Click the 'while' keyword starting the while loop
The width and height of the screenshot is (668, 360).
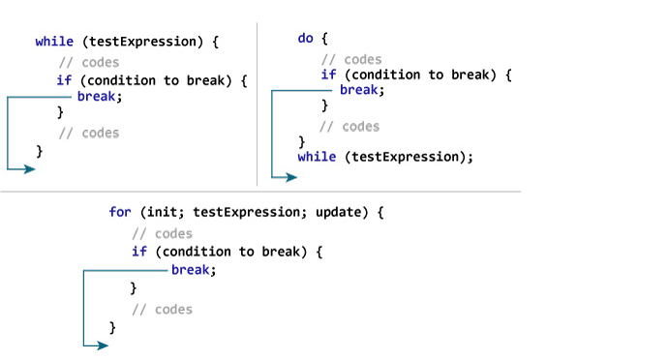click(x=51, y=42)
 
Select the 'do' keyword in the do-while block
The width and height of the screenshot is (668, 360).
click(x=305, y=38)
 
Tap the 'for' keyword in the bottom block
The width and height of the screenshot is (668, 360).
click(x=120, y=211)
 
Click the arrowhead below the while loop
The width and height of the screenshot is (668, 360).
click(x=29, y=168)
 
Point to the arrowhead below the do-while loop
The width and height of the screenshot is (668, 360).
click(x=291, y=177)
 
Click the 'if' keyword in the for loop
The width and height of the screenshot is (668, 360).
click(x=139, y=252)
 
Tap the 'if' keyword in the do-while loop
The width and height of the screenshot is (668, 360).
click(x=329, y=75)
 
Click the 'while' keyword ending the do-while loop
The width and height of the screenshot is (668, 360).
click(x=317, y=157)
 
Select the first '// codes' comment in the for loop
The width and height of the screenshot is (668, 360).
click(x=162, y=233)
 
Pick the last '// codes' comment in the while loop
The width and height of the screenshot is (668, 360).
click(x=88, y=133)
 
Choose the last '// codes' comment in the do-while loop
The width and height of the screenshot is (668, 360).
click(x=349, y=127)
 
